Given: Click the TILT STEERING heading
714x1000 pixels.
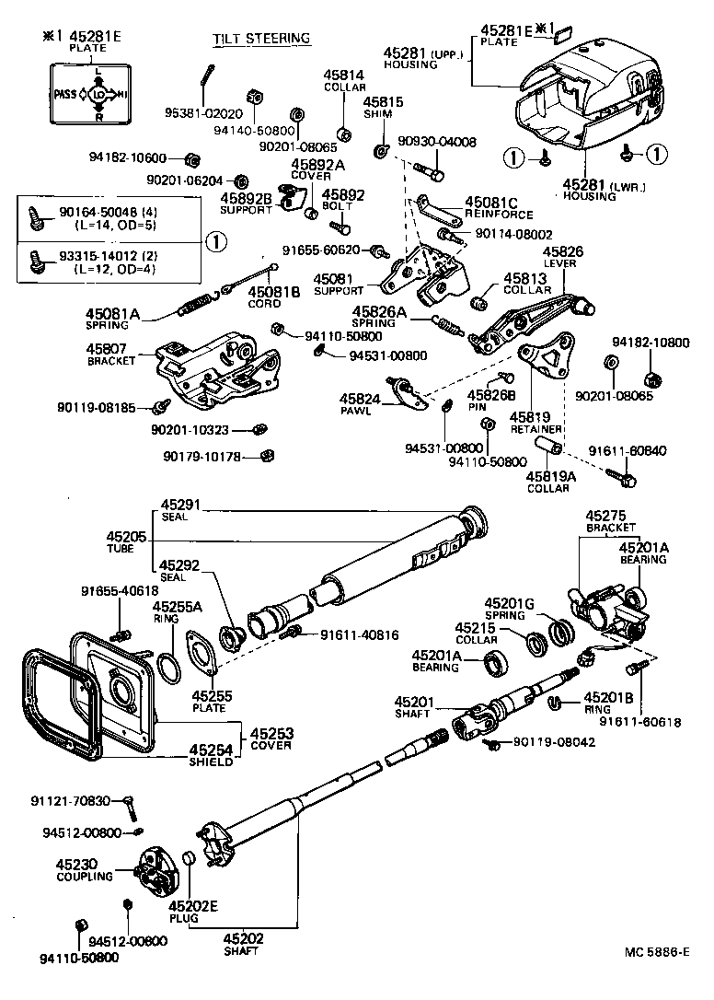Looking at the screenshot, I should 261,39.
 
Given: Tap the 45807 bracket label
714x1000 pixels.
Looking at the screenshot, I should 110,355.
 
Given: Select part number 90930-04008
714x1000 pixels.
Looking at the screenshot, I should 437,142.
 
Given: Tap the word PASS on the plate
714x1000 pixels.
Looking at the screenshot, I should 66,93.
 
